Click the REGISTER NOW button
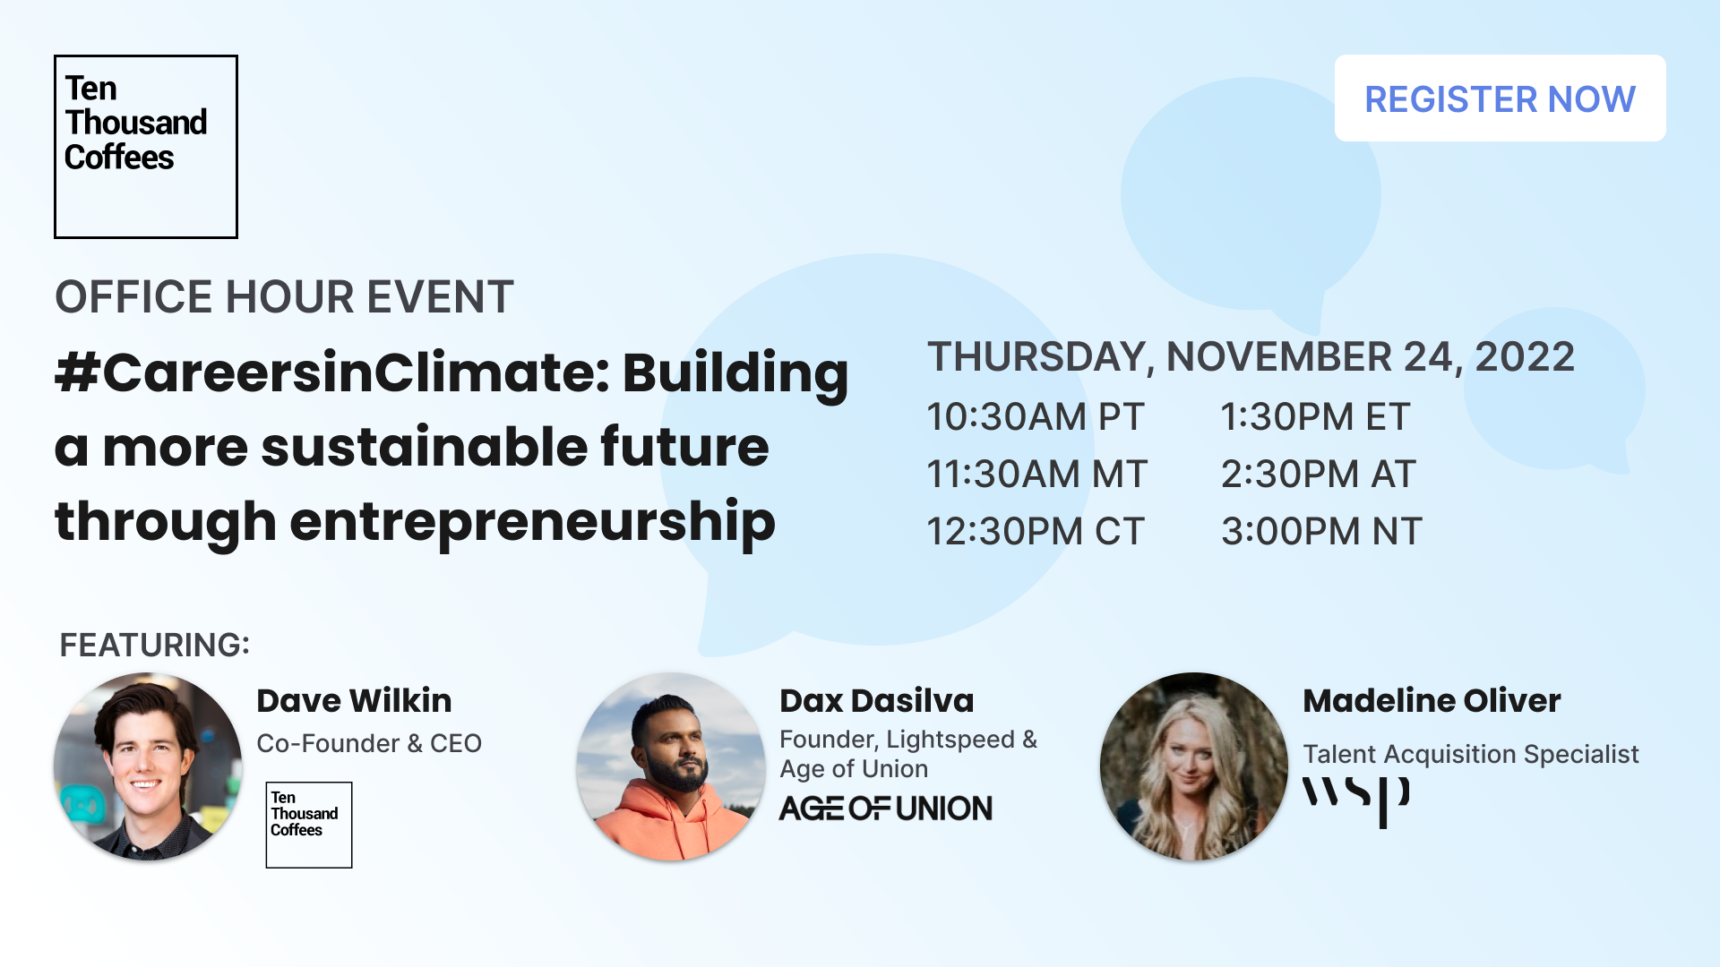1500,98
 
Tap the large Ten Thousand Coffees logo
146,147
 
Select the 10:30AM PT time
1036,416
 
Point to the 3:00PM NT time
1321,531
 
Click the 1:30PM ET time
1315,416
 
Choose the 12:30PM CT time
1036,531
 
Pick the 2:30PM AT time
1318,474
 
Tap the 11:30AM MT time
1036,474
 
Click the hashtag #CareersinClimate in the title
332,372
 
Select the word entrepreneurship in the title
532,523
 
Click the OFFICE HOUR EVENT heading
284,296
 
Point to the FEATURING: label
154,645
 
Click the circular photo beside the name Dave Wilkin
148,766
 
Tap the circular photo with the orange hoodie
671,766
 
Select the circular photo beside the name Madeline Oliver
1194,766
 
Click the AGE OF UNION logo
886,809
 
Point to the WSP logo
1356,801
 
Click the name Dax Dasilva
876,700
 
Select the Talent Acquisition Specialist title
1470,754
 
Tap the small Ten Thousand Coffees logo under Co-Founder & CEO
309,825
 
